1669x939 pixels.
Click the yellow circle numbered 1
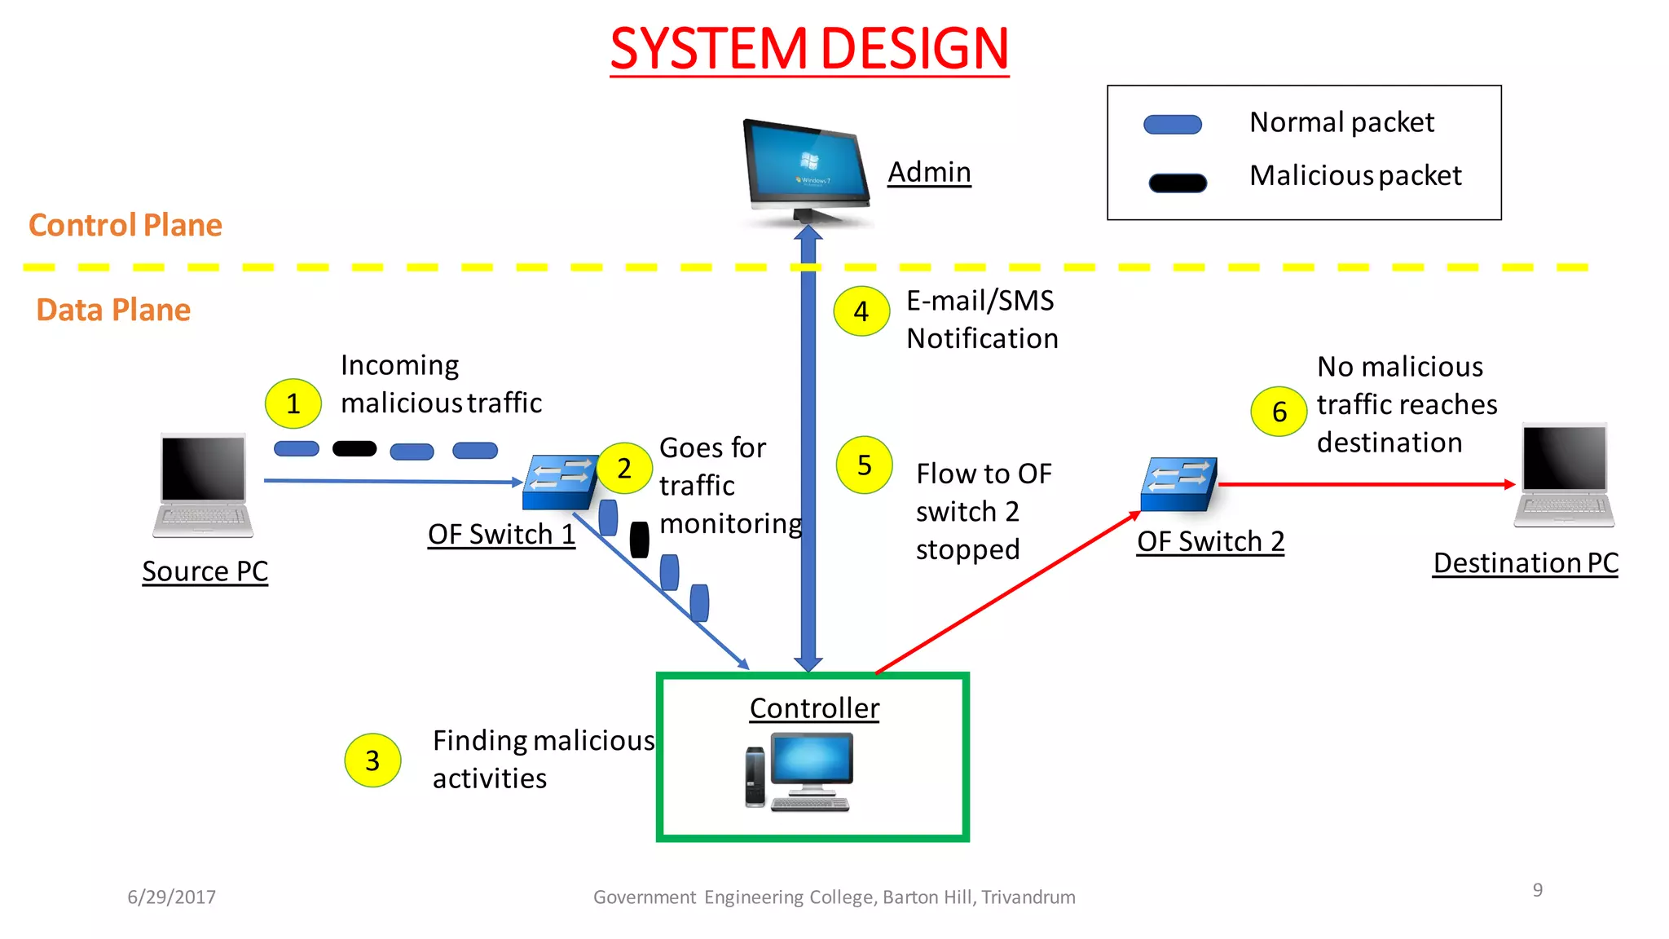pyautogui.click(x=293, y=403)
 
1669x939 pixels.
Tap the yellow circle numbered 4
pyautogui.click(x=861, y=311)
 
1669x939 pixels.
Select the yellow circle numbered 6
pyautogui.click(x=1279, y=412)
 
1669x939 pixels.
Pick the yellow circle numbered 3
pyautogui.click(x=372, y=760)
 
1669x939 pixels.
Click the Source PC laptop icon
pyautogui.click(x=203, y=486)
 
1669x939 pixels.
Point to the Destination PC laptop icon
pyautogui.click(x=1565, y=476)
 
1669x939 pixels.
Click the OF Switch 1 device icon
pyautogui.click(x=561, y=482)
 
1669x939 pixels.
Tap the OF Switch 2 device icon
pyautogui.click(x=1179, y=484)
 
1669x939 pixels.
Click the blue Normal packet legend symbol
pyautogui.click(x=1173, y=125)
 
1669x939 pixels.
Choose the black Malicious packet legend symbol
pyautogui.click(x=1178, y=183)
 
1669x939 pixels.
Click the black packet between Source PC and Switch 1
pyautogui.click(x=354, y=449)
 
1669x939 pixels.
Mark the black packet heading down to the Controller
pyautogui.click(x=640, y=540)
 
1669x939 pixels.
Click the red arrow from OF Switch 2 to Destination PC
pyautogui.click(x=1365, y=484)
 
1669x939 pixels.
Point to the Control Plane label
pyautogui.click(x=126, y=225)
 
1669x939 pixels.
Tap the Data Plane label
pyautogui.click(x=113, y=311)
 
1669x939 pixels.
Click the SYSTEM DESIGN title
pyautogui.click(x=809, y=49)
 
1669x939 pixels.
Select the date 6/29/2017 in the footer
pyautogui.click(x=172, y=897)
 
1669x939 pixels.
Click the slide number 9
pyautogui.click(x=1537, y=890)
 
